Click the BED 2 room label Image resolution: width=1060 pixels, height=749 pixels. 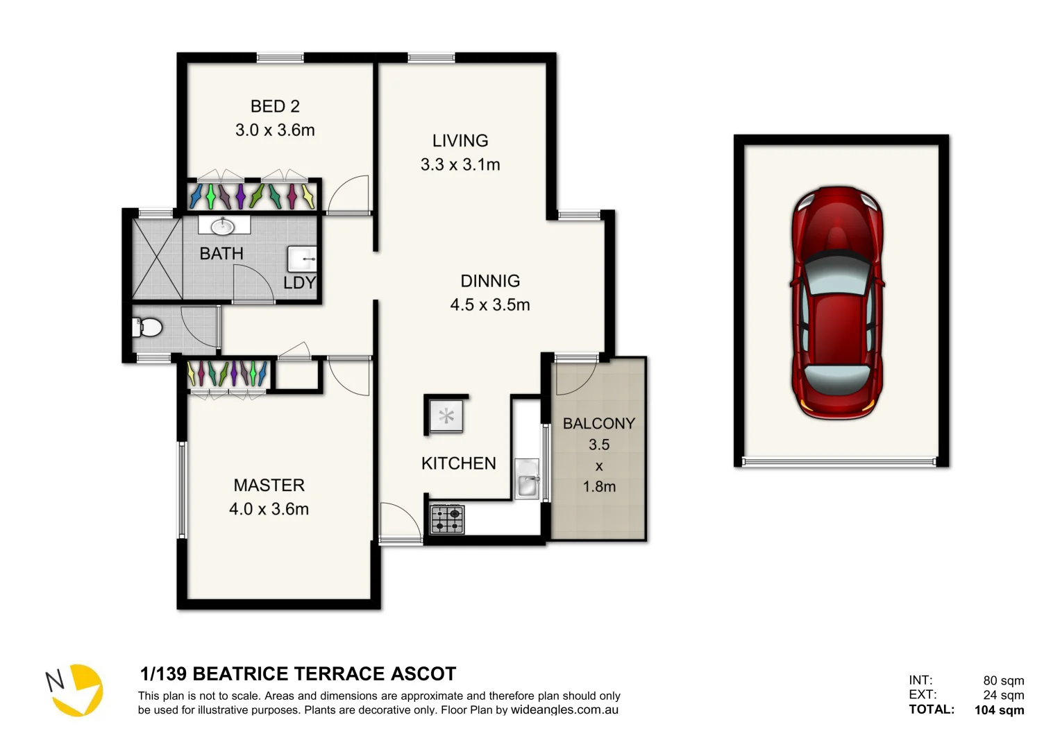tap(275, 107)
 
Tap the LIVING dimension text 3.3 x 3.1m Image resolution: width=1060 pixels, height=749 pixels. tap(460, 165)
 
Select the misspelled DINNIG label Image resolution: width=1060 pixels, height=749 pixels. tap(490, 281)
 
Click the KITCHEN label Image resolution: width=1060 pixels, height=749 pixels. tap(458, 463)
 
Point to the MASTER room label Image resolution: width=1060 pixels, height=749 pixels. tap(269, 485)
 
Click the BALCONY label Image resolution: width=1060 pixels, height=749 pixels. tap(598, 423)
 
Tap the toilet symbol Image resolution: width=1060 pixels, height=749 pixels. tap(147, 327)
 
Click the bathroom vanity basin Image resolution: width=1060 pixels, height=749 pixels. tap(224, 225)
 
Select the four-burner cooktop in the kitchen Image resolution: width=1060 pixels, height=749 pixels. tap(447, 519)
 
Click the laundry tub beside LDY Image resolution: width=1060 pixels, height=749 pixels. tap(303, 259)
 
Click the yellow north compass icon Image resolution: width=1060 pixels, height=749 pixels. tap(78, 690)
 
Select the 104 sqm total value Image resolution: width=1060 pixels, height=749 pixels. tap(999, 709)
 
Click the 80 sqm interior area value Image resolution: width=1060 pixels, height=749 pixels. tap(1003, 680)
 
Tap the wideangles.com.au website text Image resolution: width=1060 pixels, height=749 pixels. tap(564, 709)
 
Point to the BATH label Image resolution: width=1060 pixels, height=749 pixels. tap(221, 254)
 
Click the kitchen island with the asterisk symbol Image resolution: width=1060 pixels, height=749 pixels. tap(446, 416)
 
